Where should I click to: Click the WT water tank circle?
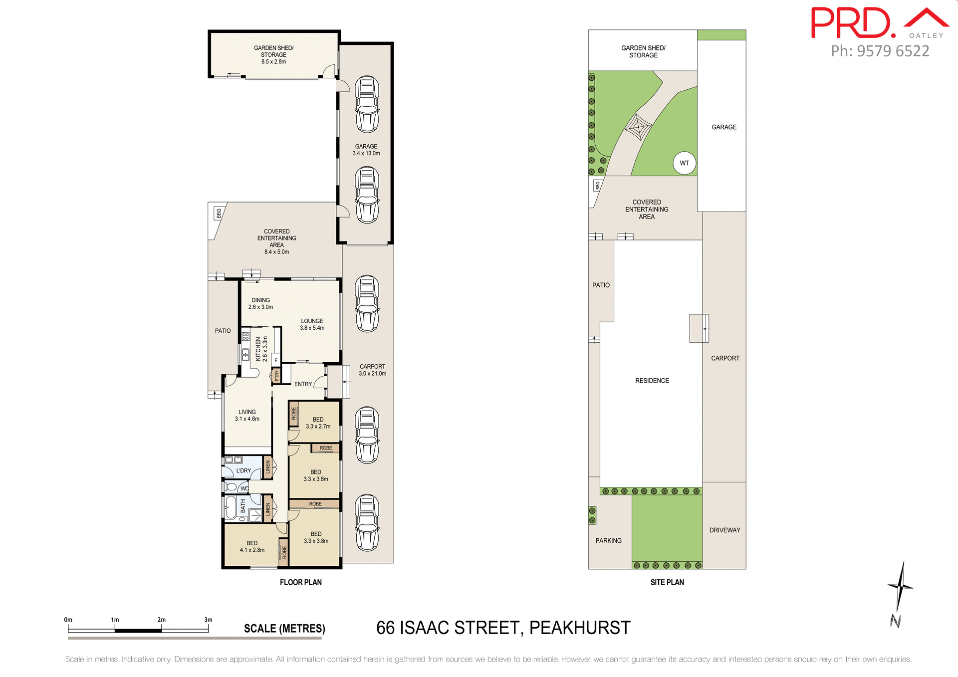(x=684, y=163)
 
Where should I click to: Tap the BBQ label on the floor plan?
(x=219, y=214)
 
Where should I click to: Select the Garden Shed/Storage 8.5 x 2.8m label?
(x=273, y=55)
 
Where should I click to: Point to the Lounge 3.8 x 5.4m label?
(x=312, y=324)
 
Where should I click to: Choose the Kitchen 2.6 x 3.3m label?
(x=261, y=349)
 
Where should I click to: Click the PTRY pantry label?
(x=276, y=375)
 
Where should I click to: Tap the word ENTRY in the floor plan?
(x=303, y=384)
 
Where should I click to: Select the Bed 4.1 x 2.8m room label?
(x=252, y=546)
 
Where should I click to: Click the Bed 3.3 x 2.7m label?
(x=318, y=423)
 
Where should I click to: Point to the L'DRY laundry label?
(x=243, y=470)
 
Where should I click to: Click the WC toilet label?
(x=244, y=488)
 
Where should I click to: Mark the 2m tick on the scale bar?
(x=161, y=620)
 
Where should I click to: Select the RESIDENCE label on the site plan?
(x=652, y=381)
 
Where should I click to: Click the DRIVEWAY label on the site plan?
(x=724, y=530)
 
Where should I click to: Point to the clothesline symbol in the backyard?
(x=638, y=128)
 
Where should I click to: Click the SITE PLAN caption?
(x=667, y=582)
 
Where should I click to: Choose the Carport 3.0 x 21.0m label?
(x=372, y=370)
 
